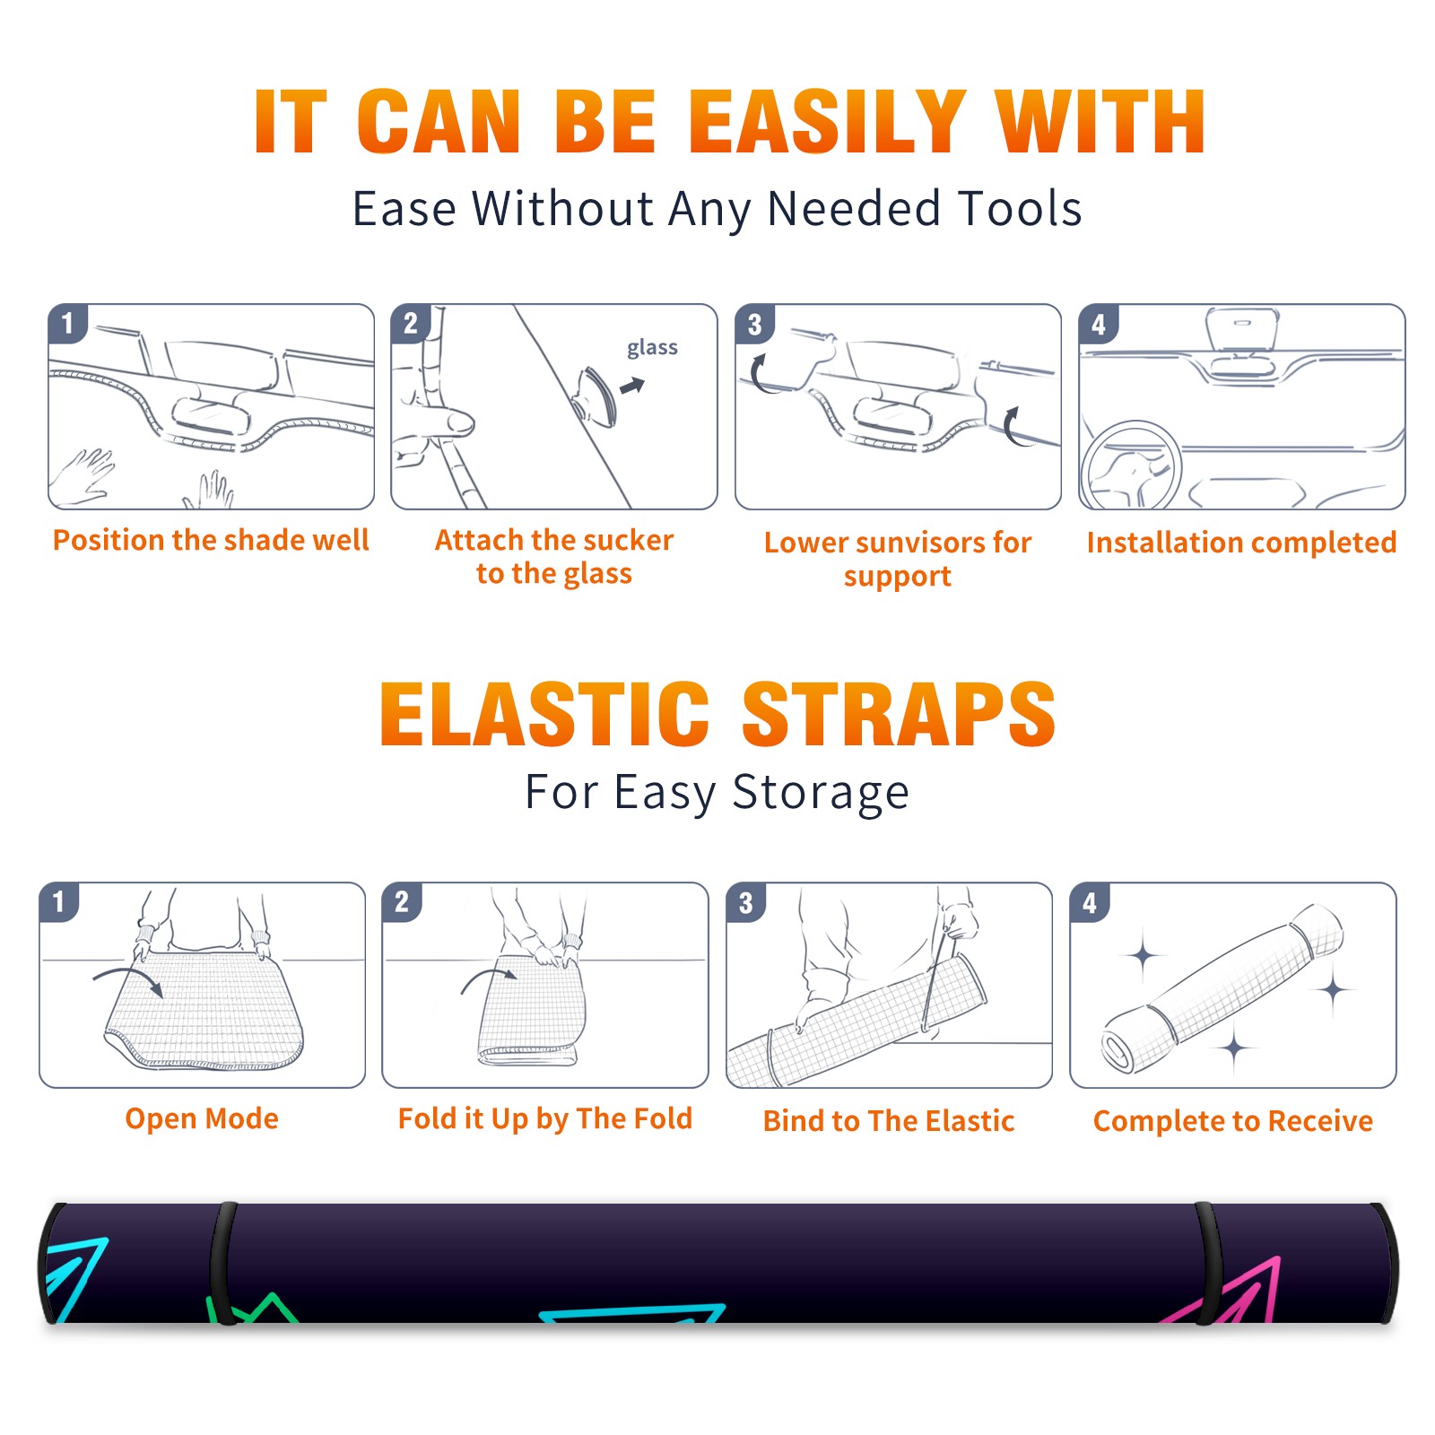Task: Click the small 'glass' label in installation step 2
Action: click(x=652, y=348)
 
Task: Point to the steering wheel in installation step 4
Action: click(x=1130, y=466)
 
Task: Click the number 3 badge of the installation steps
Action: click(x=754, y=324)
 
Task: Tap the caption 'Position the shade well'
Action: click(x=211, y=540)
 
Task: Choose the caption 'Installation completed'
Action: click(x=1241, y=542)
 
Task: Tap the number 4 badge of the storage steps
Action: click(x=1090, y=902)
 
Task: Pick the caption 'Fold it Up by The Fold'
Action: click(x=545, y=1119)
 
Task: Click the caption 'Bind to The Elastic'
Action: click(x=889, y=1121)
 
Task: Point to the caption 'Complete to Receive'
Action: click(x=1233, y=1121)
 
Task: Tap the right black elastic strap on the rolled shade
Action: click(x=1209, y=1263)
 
